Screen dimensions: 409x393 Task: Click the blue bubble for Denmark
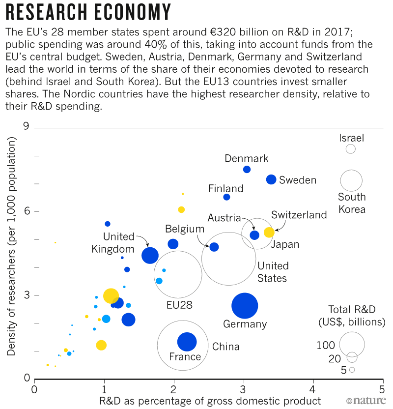pos(247,170)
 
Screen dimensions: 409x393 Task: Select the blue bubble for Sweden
pos(271,179)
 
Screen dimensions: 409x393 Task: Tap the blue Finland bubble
pos(226,197)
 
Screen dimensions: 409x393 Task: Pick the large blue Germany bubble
pos(245,306)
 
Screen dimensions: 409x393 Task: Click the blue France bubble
pos(187,342)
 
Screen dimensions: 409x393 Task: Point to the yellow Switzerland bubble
pos(269,233)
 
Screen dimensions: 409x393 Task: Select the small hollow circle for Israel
pos(350,149)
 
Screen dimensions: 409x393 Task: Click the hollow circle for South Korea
pos(351,180)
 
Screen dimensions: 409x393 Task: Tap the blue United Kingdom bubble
pos(150,255)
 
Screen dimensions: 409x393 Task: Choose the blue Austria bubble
pos(254,235)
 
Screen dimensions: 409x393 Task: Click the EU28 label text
pos(179,305)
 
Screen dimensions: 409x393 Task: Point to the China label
pos(225,347)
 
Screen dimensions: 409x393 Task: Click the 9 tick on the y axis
pos(26,127)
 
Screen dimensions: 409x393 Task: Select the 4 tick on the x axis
pos(313,390)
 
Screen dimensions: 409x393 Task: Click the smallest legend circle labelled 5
pos(352,370)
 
